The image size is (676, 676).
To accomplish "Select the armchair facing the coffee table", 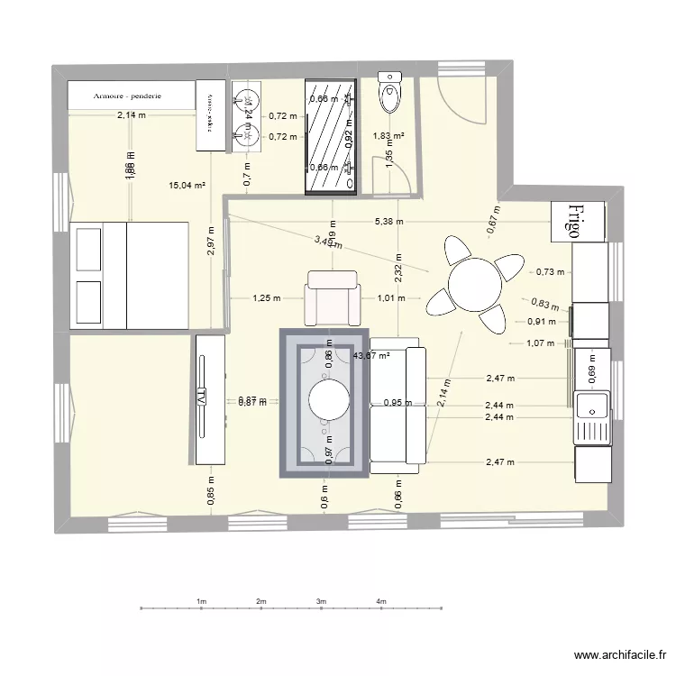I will [x=333, y=297].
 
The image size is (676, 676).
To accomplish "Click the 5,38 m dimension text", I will [x=388, y=221].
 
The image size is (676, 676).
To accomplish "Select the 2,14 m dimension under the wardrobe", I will [x=131, y=114].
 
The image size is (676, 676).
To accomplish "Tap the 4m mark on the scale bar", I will [x=381, y=601].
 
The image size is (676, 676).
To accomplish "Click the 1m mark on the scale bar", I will [x=201, y=601].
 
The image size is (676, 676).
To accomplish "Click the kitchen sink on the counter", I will [x=592, y=416].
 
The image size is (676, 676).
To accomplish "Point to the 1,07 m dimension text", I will [x=539, y=343].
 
